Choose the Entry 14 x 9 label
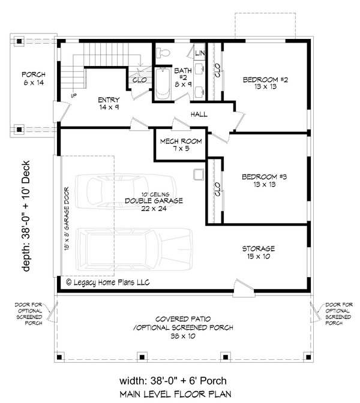point(109,103)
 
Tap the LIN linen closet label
point(200,54)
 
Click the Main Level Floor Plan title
point(179,394)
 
